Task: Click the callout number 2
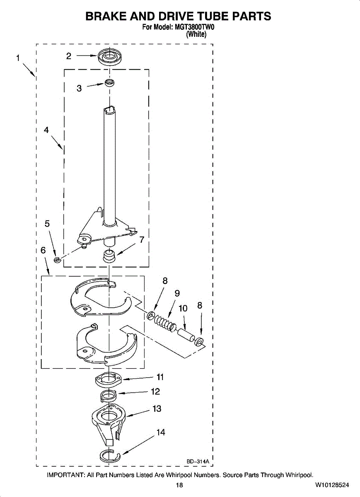(69, 56)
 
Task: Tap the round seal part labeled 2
(109, 56)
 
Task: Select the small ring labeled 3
(109, 83)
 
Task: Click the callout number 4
(46, 130)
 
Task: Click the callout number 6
(43, 250)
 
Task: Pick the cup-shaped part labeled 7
(109, 256)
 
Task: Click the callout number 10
(183, 308)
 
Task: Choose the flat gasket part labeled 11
(109, 379)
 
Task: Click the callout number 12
(155, 391)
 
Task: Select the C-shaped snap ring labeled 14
(110, 456)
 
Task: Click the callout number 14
(161, 432)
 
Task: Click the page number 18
(179, 485)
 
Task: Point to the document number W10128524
(331, 485)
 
